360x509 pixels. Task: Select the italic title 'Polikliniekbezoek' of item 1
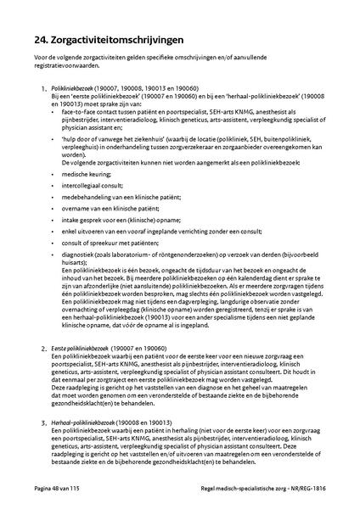pyautogui.click(x=70, y=88)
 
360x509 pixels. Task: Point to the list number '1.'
pyautogui.click(x=43, y=89)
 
